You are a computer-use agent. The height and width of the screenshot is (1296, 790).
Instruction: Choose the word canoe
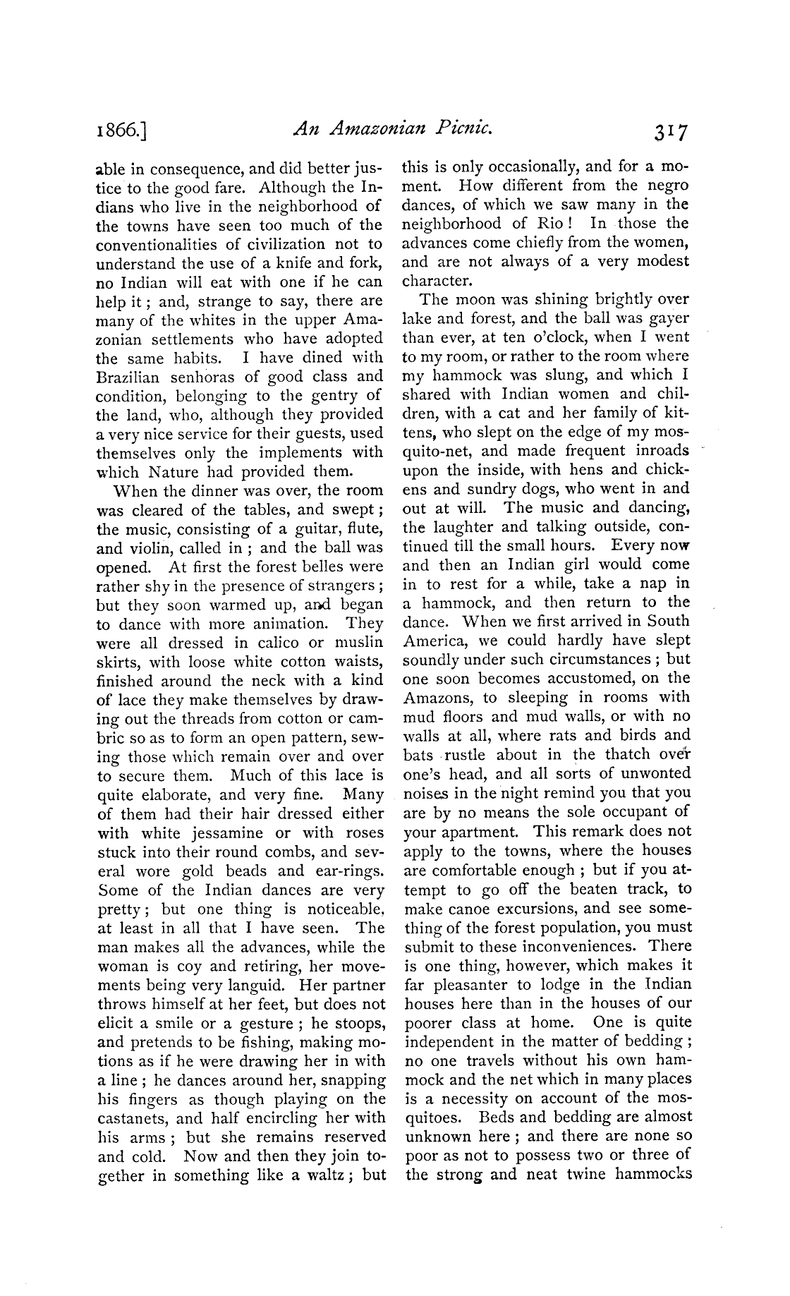(487, 909)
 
